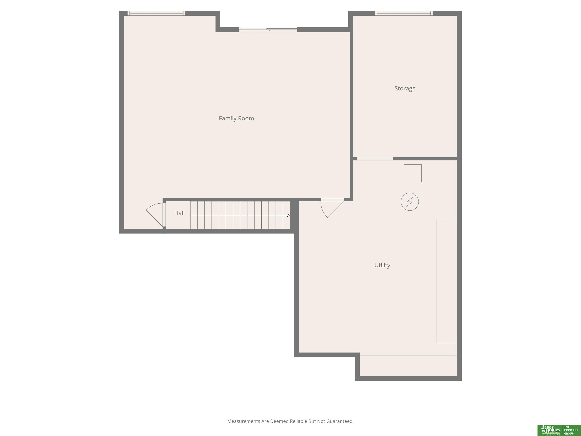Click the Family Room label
236,118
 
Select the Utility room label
382,265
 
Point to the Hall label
179,213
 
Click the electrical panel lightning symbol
410,202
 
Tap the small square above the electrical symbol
413,174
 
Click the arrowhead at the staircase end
289,215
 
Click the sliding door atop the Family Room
268,30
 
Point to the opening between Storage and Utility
375,159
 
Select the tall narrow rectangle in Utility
447,281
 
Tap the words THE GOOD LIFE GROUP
571,430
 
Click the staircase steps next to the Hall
240,215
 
